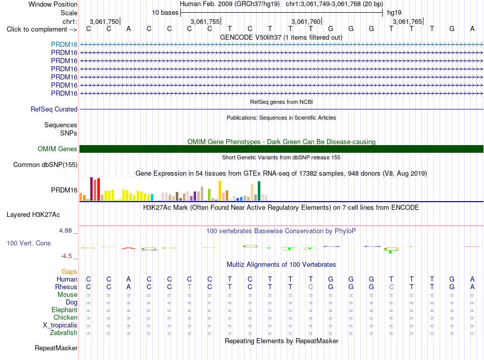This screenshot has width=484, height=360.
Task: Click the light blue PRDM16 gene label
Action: click(64, 44)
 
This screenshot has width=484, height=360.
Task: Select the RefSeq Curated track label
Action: click(54, 109)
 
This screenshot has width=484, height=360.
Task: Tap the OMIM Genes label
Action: click(58, 149)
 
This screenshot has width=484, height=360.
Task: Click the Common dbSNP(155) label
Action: click(45, 165)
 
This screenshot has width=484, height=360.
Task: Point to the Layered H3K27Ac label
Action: click(33, 215)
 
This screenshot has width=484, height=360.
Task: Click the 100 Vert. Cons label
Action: click(29, 243)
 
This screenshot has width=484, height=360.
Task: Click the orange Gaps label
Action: click(69, 271)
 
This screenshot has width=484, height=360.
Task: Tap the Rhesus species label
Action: click(66, 287)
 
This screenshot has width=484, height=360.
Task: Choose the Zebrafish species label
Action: click(64, 333)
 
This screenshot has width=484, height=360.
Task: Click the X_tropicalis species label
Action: click(60, 325)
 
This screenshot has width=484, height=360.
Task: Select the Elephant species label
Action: click(64, 310)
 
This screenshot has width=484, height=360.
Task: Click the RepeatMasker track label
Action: click(56, 348)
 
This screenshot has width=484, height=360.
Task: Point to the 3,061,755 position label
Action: click(205, 21)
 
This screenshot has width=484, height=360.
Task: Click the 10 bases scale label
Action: click(165, 13)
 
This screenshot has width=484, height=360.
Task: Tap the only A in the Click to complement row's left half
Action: click(129, 29)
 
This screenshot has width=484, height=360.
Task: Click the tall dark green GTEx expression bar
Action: click(259, 191)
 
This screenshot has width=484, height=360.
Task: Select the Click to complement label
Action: click(42, 30)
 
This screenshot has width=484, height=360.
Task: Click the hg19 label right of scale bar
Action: click(394, 13)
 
